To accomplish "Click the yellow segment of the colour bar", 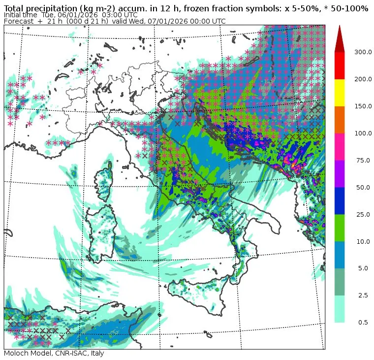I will pos(340,93).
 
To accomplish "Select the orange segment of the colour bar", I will pos(340,120).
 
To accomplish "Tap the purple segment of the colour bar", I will pos(340,174).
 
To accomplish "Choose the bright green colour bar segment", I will pos(340,228).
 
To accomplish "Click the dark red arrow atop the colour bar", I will pos(340,38).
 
